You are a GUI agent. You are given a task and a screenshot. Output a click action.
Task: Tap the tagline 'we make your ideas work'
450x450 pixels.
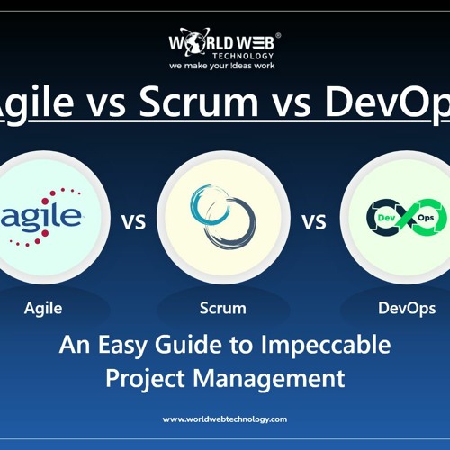pyautogui.click(x=223, y=66)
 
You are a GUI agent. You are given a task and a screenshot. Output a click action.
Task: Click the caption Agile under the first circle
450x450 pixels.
pyautogui.click(x=43, y=308)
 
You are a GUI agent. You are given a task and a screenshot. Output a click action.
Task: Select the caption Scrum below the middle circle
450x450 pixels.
pyautogui.click(x=223, y=308)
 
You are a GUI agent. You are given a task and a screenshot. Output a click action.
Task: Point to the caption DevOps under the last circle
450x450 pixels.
pyautogui.click(x=407, y=308)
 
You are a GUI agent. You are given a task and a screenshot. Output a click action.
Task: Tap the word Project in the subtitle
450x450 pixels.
pyautogui.click(x=148, y=377)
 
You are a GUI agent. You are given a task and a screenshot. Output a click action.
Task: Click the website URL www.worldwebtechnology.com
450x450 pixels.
pyautogui.click(x=225, y=418)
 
